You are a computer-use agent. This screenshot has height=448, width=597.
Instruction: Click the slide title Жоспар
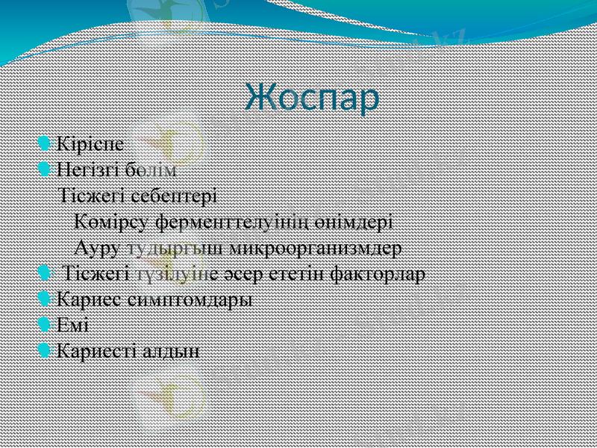coord(312,98)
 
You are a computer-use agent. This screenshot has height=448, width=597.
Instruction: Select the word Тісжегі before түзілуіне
coord(97,273)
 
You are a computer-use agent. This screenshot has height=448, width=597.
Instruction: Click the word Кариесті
coord(96,350)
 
